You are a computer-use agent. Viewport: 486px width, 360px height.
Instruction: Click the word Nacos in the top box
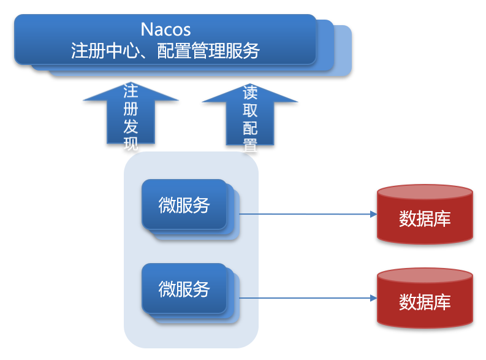click(x=165, y=29)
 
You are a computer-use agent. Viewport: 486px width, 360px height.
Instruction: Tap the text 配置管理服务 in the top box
click(x=208, y=50)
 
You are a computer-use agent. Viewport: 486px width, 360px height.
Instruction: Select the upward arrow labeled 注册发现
click(x=131, y=117)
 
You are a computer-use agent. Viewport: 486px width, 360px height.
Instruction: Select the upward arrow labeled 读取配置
click(x=250, y=117)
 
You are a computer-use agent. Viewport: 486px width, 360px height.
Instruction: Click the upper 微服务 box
click(x=184, y=205)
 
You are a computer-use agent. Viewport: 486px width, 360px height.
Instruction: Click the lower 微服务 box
click(x=184, y=288)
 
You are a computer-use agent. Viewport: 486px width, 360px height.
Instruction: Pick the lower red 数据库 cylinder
click(x=425, y=302)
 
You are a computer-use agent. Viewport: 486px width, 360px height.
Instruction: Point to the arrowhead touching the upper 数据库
click(x=373, y=215)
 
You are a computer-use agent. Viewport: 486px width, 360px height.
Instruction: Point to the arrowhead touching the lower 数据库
click(x=373, y=298)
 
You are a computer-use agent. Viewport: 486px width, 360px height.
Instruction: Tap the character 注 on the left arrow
click(x=131, y=92)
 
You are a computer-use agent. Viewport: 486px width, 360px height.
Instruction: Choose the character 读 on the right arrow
click(x=250, y=93)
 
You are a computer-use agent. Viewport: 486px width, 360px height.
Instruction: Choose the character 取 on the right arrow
click(x=250, y=110)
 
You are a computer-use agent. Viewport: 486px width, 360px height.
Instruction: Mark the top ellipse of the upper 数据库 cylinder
click(x=425, y=193)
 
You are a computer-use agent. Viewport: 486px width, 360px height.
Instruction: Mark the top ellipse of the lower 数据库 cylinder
click(x=425, y=276)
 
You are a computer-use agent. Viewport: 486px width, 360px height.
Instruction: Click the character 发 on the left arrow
click(x=131, y=127)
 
